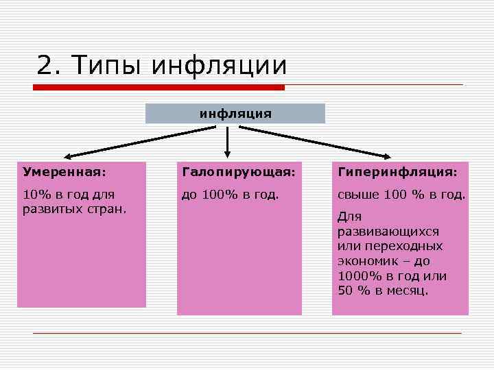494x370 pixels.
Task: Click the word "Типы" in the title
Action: (x=106, y=66)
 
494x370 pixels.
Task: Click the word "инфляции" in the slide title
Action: (x=218, y=66)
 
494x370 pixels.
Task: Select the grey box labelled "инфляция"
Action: (x=235, y=113)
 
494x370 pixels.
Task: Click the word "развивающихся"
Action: (x=388, y=231)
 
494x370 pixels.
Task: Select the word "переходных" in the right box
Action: (x=409, y=246)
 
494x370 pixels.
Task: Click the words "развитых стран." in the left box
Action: (x=74, y=208)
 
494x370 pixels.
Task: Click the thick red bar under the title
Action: (x=159, y=88)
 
